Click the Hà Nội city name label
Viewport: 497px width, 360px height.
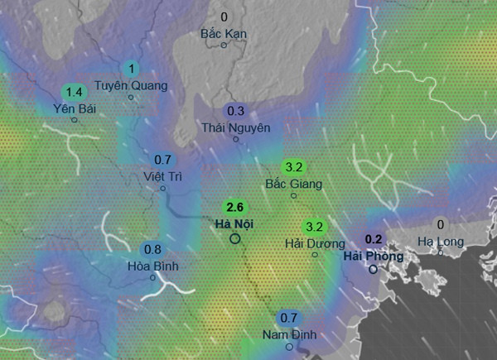click(234, 224)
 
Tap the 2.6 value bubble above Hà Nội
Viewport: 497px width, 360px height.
click(234, 208)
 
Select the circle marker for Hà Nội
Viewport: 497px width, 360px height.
click(234, 238)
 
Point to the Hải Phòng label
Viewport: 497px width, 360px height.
click(374, 257)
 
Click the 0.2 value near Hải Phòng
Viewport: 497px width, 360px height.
click(374, 240)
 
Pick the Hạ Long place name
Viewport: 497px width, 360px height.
click(440, 241)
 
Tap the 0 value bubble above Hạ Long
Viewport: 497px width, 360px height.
click(440, 224)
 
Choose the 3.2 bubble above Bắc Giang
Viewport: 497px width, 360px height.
click(293, 166)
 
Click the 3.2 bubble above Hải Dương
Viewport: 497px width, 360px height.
click(315, 227)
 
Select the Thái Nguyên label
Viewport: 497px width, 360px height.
click(236, 127)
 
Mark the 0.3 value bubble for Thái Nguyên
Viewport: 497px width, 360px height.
click(236, 111)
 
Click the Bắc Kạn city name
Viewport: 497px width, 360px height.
click(224, 34)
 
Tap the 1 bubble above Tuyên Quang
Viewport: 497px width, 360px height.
click(130, 68)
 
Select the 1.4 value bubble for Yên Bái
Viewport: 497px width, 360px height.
click(74, 91)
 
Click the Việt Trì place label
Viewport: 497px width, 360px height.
click(162, 176)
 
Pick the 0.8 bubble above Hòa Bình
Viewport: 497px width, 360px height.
click(152, 249)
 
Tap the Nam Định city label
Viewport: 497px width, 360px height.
click(288, 334)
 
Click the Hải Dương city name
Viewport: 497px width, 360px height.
click(315, 243)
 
